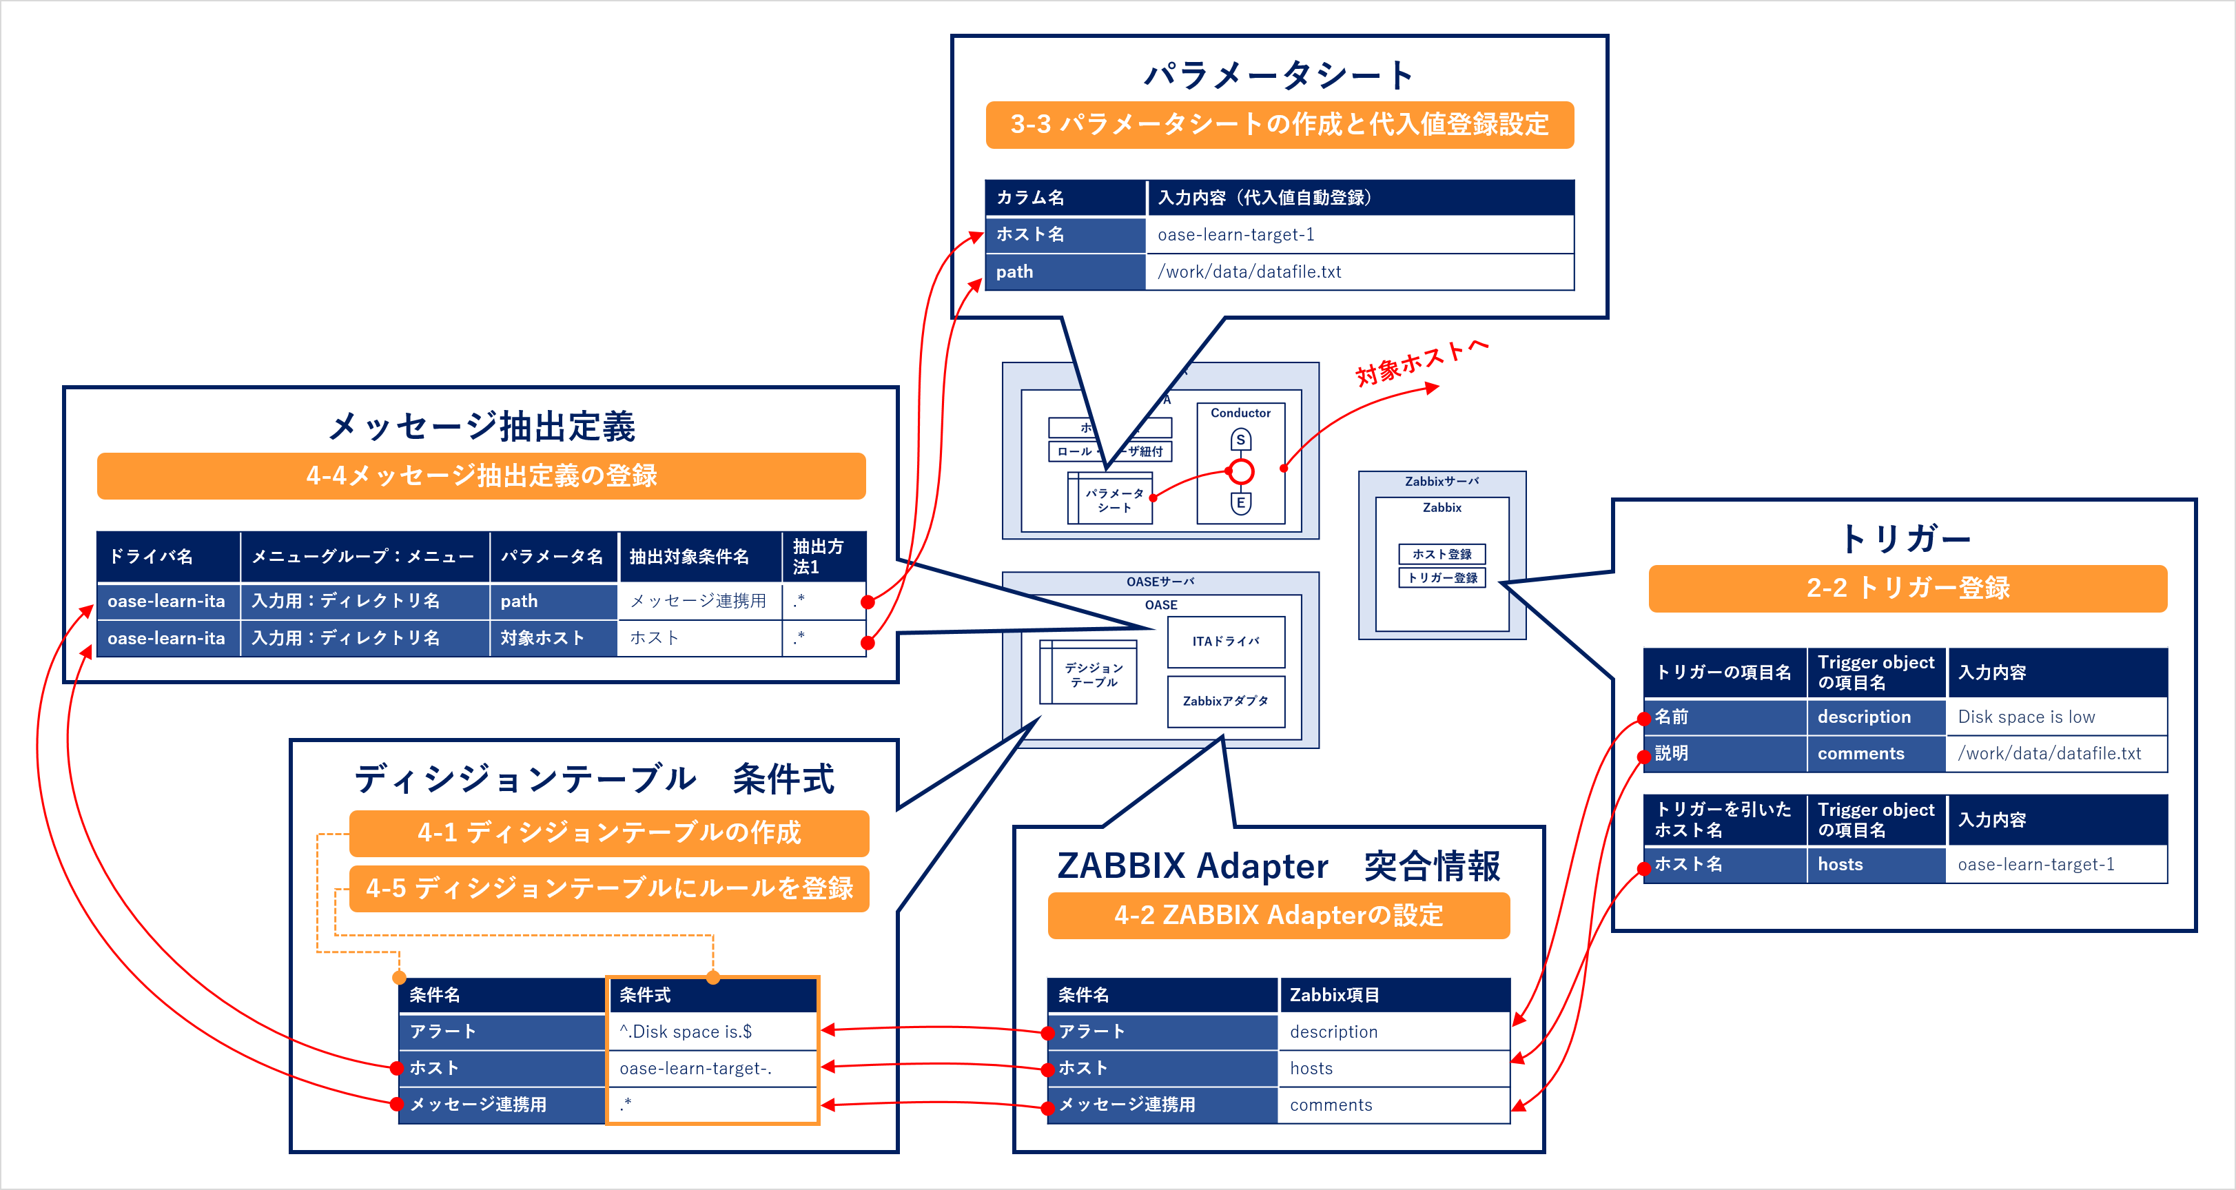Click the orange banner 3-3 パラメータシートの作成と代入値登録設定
point(1279,125)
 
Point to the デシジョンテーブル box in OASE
point(1093,675)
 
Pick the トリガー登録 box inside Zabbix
point(1442,578)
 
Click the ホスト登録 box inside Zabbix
point(1442,554)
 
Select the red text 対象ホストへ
point(1421,363)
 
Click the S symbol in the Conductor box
point(1240,440)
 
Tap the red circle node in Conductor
point(1241,471)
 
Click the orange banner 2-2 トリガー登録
point(1907,588)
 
